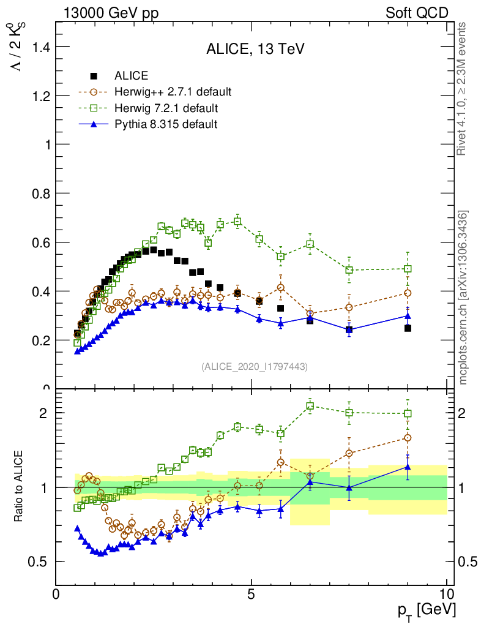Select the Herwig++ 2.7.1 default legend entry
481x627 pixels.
click(173, 92)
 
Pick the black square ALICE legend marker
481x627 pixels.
click(94, 77)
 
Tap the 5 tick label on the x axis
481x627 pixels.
click(251, 594)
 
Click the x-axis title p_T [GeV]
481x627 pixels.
click(426, 610)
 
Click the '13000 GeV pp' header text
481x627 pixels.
click(111, 13)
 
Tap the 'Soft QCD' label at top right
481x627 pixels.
click(417, 13)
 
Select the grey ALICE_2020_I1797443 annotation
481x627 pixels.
click(255, 366)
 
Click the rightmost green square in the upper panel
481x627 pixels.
click(408, 269)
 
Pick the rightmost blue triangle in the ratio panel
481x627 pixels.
click(408, 467)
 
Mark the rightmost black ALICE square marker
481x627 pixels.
click(408, 328)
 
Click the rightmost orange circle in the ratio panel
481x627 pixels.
click(408, 438)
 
